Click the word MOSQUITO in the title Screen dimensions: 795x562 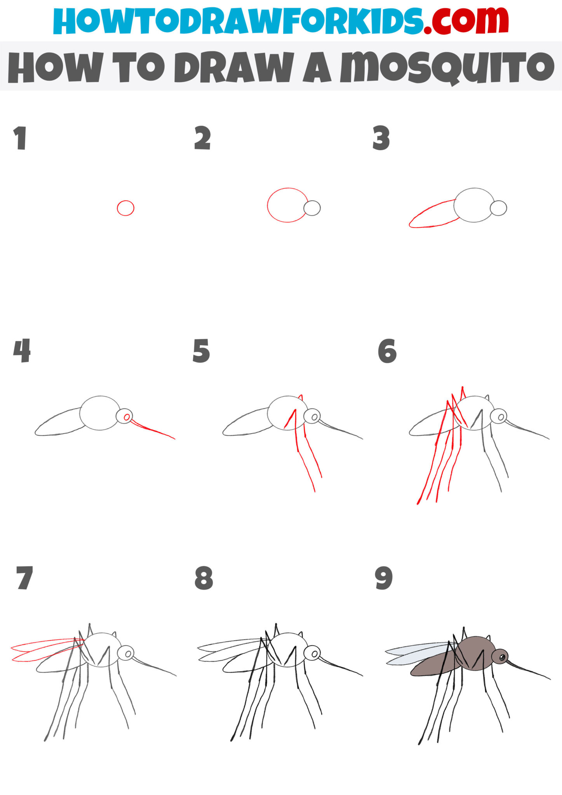tap(447, 68)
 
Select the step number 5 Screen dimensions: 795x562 tap(201, 351)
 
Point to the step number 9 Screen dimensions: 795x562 tap(383, 578)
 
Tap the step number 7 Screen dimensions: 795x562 tap(24, 578)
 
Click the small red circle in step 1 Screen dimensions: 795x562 tap(125, 208)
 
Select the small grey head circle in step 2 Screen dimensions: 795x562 tap(312, 208)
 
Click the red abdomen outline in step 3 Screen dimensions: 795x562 tap(431, 216)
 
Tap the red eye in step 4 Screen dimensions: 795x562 tap(127, 417)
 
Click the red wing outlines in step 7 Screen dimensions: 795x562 tap(39, 649)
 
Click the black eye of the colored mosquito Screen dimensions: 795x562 tap(502, 657)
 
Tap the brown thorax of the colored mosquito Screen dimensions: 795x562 tap(476, 653)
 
